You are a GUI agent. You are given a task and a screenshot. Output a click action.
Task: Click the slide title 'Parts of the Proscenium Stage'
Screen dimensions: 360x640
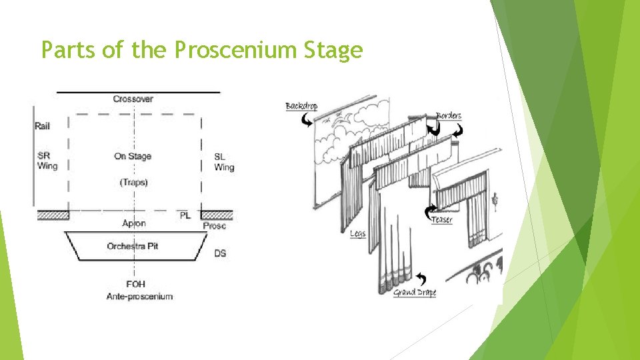tap(201, 50)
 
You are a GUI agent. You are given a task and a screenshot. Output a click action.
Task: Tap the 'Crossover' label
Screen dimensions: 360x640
tap(133, 99)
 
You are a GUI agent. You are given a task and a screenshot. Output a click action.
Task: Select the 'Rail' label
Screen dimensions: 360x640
tap(42, 125)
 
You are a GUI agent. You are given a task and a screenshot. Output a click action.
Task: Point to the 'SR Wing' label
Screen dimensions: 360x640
tap(47, 161)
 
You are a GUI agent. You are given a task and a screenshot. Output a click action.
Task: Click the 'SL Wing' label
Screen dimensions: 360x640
tap(224, 162)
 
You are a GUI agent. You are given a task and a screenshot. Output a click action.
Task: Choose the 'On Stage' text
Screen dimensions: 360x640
tap(133, 156)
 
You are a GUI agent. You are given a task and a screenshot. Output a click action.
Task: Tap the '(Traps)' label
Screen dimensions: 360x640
tap(133, 182)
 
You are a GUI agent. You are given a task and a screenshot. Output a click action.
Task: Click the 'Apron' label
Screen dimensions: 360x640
tap(134, 223)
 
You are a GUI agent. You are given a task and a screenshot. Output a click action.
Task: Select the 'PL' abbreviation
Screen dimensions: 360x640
tap(185, 215)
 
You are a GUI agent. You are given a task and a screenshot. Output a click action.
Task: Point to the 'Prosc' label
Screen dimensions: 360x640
tap(215, 226)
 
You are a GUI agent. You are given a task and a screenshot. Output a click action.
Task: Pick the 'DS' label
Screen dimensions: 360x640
tap(220, 253)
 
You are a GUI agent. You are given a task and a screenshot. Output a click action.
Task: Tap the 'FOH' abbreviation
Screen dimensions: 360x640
tap(136, 285)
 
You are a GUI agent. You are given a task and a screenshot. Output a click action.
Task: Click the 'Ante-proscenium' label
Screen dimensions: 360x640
tap(139, 296)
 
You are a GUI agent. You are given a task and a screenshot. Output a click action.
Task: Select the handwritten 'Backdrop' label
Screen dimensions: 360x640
tap(301, 107)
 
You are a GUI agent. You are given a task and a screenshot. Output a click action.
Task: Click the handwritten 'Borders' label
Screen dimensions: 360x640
tap(449, 116)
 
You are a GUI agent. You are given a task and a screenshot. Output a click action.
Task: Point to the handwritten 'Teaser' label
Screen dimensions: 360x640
tap(442, 219)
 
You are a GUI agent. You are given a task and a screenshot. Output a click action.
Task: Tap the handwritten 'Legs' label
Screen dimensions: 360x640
tap(357, 234)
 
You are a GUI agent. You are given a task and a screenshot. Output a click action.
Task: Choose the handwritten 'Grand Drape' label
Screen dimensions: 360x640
tap(415, 292)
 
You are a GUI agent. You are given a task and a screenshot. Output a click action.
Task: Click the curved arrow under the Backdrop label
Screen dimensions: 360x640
tap(307, 120)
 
